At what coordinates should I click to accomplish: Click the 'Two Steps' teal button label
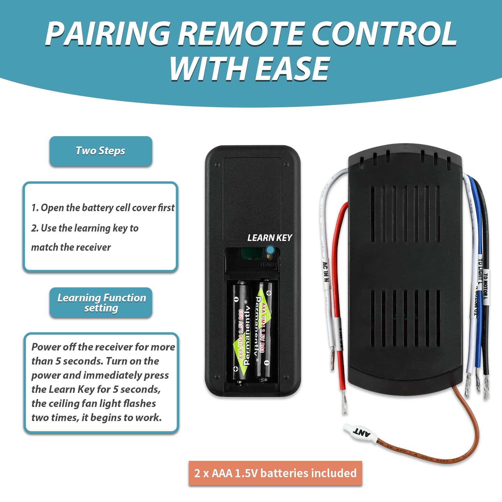[100, 151]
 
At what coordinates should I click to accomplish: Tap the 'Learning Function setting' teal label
[101, 303]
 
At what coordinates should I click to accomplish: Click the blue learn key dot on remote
[270, 250]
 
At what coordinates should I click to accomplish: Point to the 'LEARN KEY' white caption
[270, 238]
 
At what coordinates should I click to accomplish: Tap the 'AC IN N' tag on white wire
[326, 272]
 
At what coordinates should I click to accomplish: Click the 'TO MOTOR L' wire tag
[485, 286]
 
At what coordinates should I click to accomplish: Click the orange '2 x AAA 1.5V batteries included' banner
[275, 473]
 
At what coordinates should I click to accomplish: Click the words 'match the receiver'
[71, 247]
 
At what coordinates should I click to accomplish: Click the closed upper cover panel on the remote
[252, 198]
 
